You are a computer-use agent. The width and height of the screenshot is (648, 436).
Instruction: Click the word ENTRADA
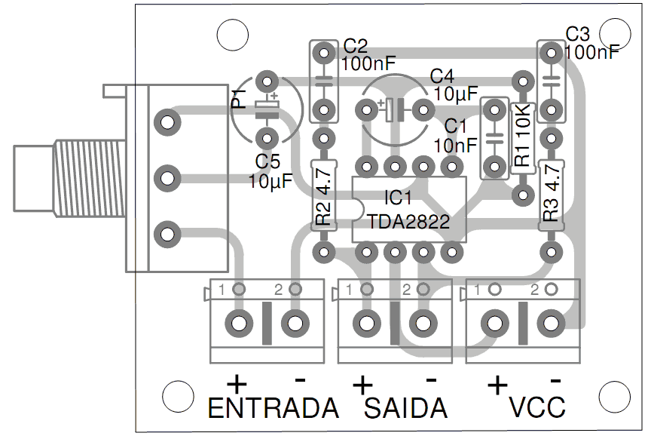(x=273, y=408)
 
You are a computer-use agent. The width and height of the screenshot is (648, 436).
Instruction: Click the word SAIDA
(x=406, y=408)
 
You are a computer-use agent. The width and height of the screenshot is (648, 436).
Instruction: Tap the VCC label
(x=537, y=408)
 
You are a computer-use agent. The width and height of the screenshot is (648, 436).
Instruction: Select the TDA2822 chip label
(x=409, y=221)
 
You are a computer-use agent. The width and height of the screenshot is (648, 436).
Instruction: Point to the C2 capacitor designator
(x=355, y=45)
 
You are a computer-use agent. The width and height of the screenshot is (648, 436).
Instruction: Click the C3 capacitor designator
(x=578, y=34)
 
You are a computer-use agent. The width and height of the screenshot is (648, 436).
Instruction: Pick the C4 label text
(x=442, y=75)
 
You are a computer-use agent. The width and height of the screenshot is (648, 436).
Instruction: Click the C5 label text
(x=267, y=161)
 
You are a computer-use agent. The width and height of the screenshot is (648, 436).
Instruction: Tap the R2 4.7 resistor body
(x=324, y=195)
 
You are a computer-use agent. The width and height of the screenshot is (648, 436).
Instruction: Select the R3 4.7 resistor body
(x=552, y=194)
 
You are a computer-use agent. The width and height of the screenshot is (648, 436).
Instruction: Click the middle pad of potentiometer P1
(x=167, y=179)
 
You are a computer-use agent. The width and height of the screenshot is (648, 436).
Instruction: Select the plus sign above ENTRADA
(x=236, y=383)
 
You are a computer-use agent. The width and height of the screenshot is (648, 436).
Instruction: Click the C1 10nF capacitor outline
(x=494, y=139)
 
